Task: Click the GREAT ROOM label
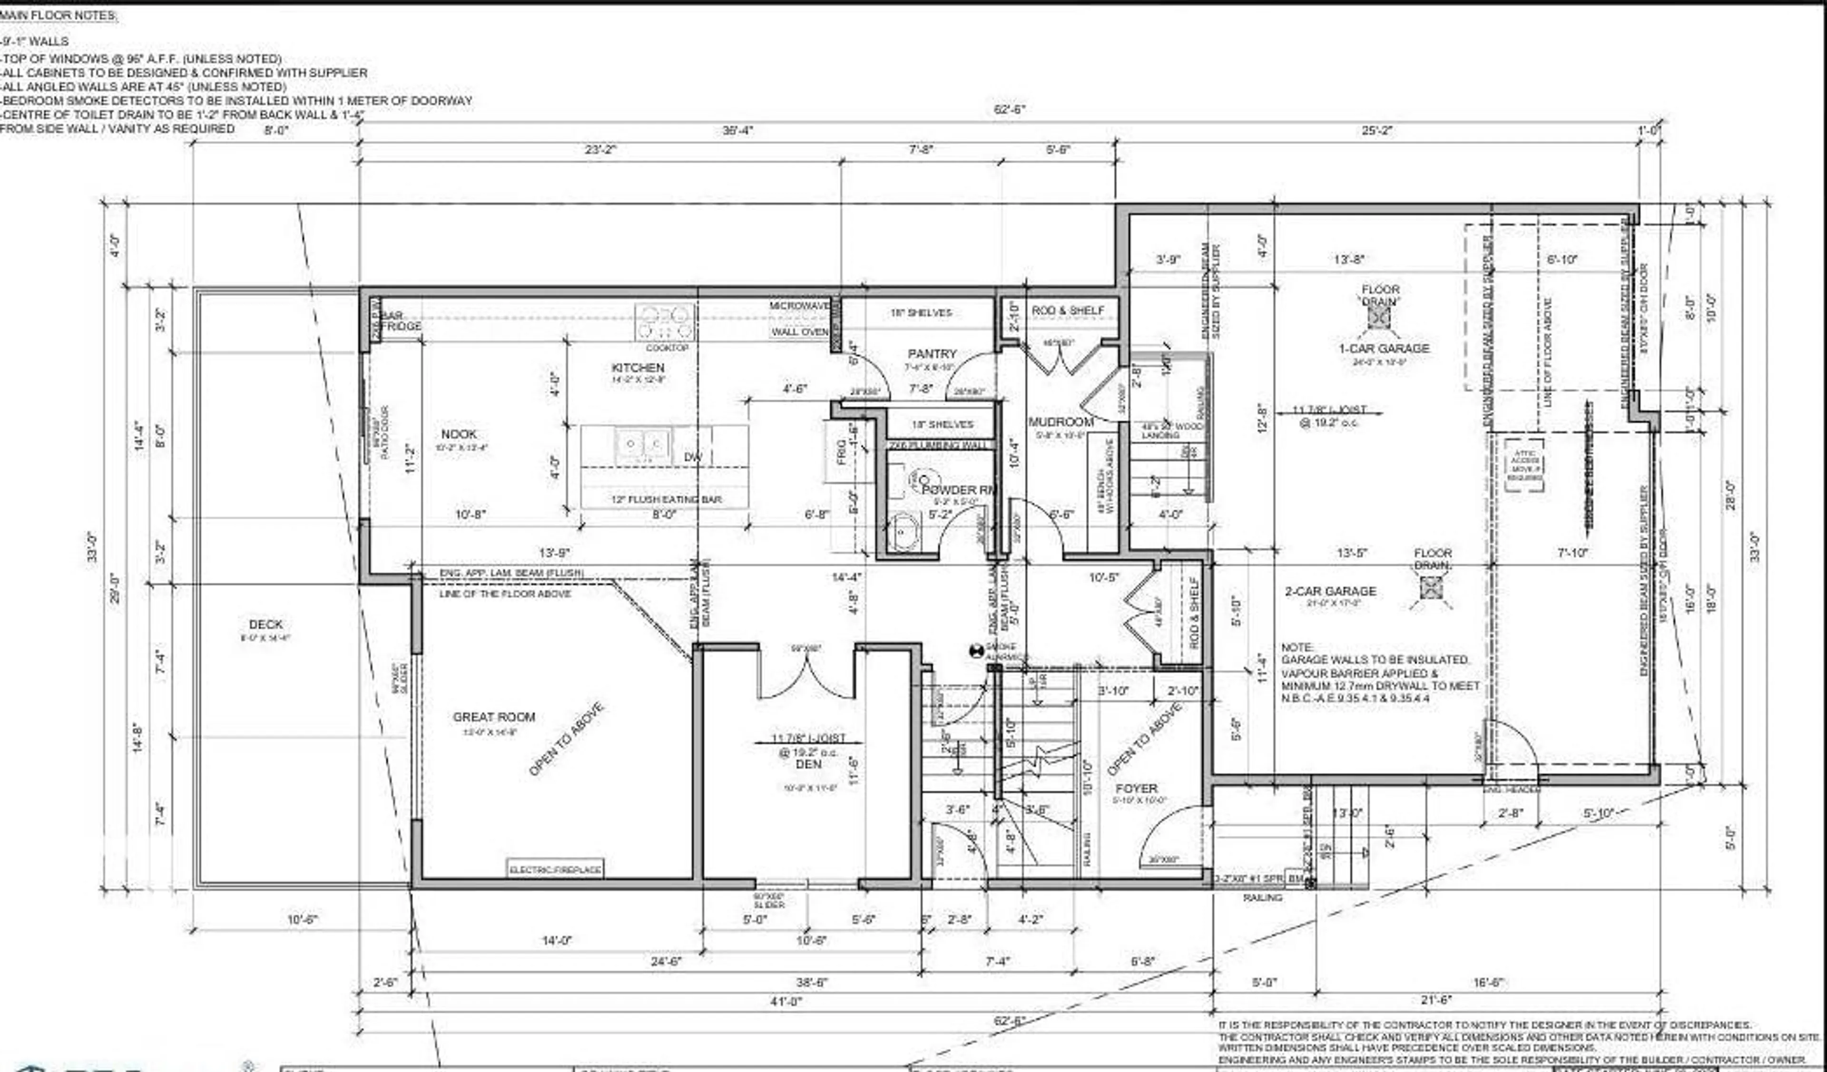coord(494,717)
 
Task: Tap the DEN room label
coord(808,764)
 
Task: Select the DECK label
coord(265,624)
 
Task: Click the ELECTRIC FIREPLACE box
coord(555,869)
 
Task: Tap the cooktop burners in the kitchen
coord(665,322)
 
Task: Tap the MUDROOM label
coord(1061,422)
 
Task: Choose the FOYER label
coord(1136,788)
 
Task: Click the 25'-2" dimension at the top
coord(1377,130)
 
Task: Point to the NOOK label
coord(459,434)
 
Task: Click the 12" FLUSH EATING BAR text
coord(666,499)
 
